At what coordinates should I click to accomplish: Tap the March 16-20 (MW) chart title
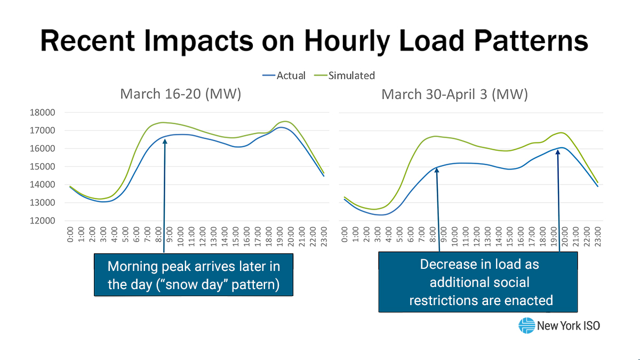point(181,94)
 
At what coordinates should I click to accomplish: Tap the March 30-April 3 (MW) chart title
point(454,94)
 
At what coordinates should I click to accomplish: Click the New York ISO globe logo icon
point(526,325)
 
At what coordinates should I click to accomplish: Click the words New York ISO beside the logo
point(569,325)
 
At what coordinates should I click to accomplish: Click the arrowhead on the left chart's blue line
point(165,141)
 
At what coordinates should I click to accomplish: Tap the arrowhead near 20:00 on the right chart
point(558,153)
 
